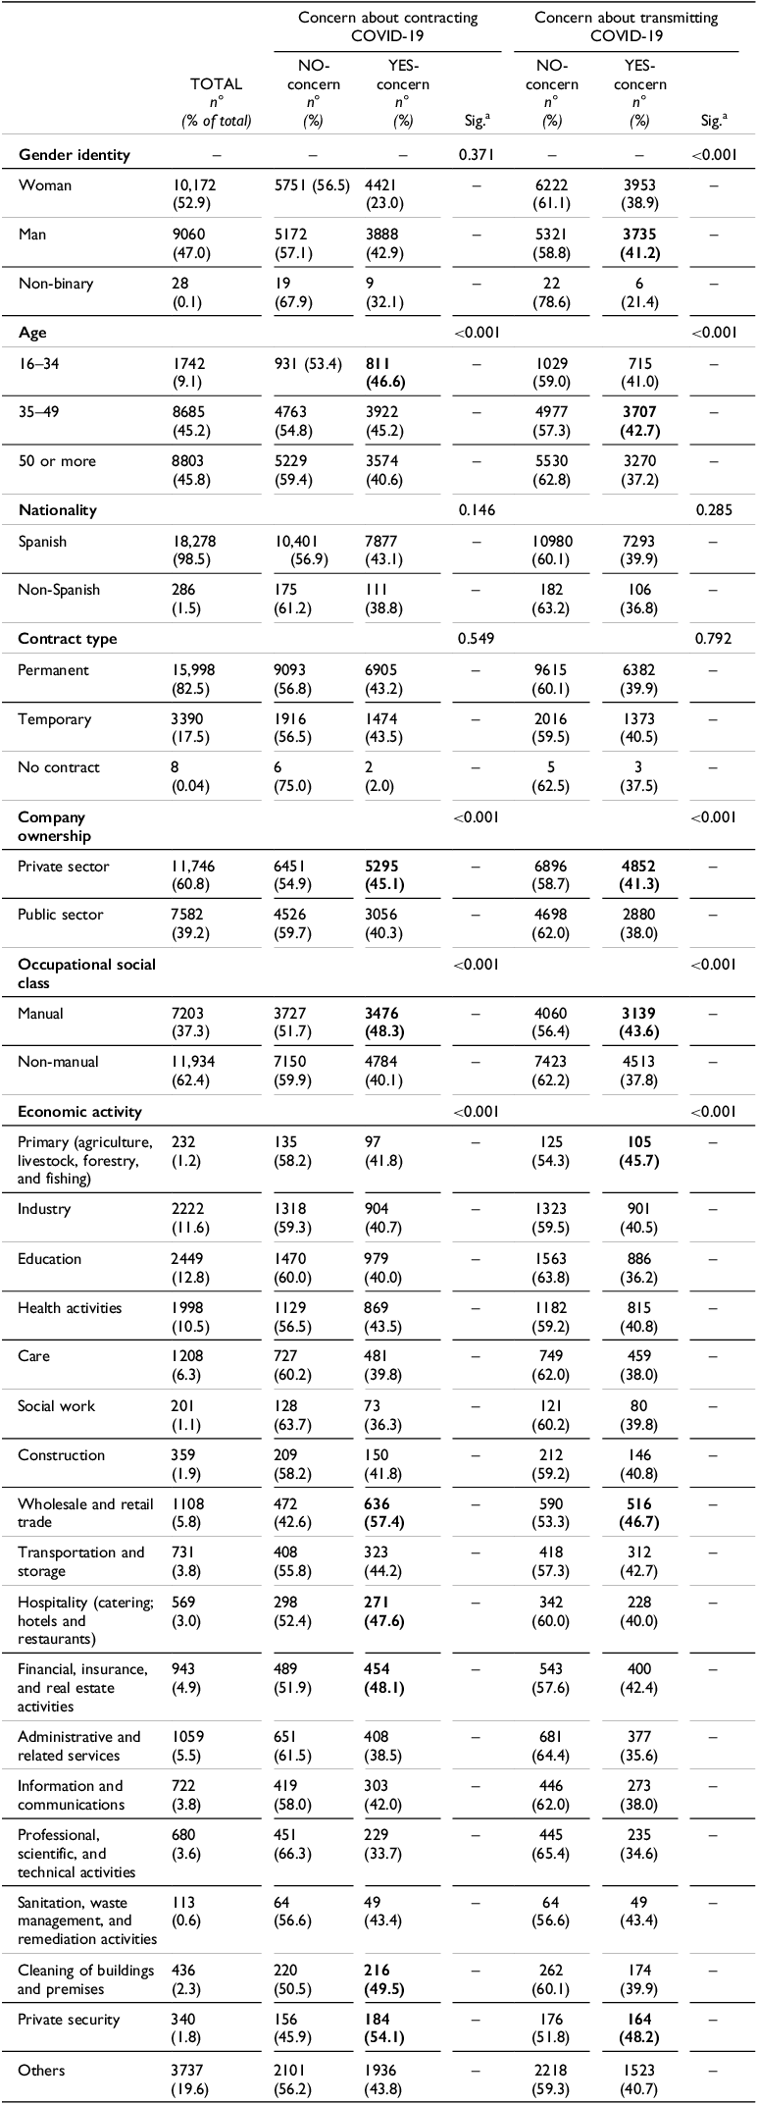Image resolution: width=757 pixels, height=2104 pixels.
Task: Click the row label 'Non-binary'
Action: coord(56,283)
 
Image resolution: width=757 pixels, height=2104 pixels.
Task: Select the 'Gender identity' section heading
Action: coord(75,155)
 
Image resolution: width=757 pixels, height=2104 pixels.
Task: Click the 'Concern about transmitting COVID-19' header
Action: coord(627,26)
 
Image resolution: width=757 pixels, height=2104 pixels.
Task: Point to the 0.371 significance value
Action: coord(476,155)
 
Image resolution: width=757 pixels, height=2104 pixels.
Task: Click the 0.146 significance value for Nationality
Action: coord(476,510)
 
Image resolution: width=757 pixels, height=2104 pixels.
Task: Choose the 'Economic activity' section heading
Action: coord(80,1112)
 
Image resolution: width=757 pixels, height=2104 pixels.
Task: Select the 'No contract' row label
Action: coord(59,767)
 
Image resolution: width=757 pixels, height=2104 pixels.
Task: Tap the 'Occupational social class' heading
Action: coord(87,973)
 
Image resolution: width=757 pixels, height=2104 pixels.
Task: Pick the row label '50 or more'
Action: coord(55,461)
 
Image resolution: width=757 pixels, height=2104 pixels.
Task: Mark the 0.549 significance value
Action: coord(476,639)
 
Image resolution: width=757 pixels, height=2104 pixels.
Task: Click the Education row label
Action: coord(50,1259)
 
